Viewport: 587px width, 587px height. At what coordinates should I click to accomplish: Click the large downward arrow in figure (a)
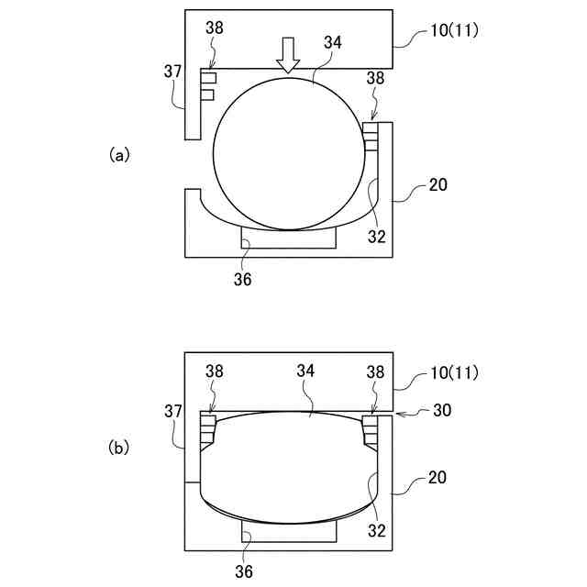[288, 55]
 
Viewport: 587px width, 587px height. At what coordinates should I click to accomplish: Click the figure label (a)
[119, 154]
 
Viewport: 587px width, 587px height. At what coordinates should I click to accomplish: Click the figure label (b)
[118, 448]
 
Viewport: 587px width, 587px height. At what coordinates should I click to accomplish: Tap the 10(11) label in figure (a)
[454, 30]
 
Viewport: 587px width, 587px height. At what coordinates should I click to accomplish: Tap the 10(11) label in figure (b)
[454, 373]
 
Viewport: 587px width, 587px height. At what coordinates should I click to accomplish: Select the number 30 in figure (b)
[442, 410]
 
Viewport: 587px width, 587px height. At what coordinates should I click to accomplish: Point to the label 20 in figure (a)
[437, 184]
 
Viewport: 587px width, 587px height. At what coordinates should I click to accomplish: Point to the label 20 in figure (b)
[437, 478]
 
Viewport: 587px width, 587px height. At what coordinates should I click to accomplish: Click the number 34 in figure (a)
[333, 43]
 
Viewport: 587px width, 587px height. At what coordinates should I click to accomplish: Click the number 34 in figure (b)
[305, 371]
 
